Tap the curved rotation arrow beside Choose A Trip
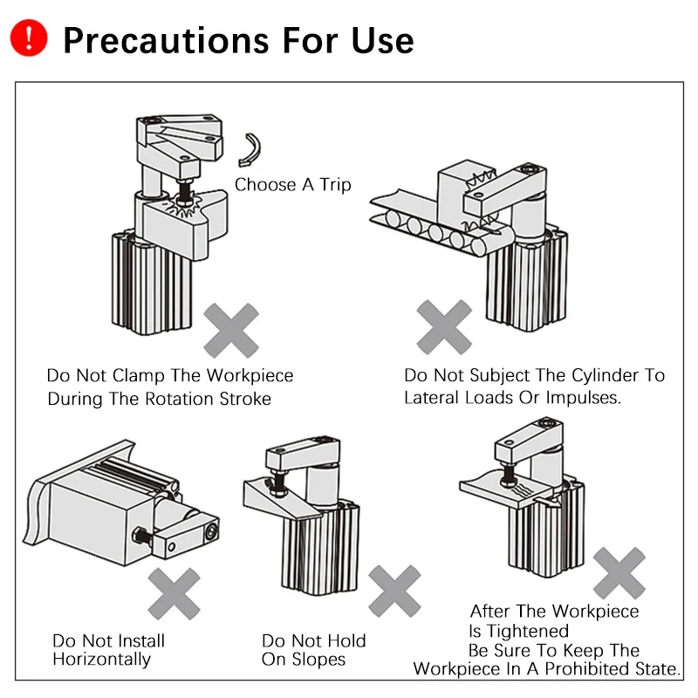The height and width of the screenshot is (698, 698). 251,149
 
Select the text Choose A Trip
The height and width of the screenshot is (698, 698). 292,184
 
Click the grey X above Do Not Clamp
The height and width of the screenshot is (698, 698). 231,330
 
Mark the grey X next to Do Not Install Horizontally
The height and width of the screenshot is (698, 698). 174,593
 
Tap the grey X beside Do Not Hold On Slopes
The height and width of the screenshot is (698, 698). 394,591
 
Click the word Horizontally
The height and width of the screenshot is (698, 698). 101,659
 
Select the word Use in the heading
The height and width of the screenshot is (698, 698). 380,40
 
